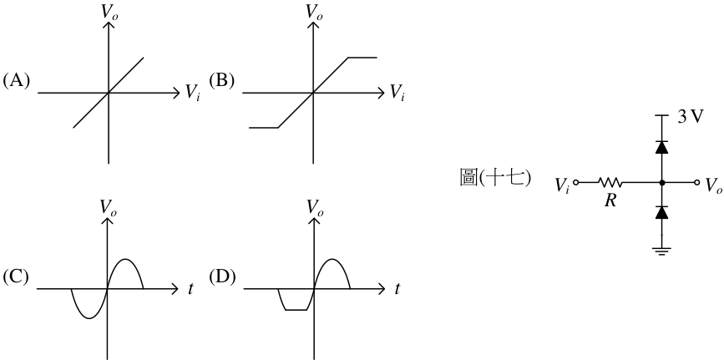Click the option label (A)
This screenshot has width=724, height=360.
[16, 81]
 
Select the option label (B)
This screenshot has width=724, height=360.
[221, 81]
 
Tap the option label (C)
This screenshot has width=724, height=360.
[16, 276]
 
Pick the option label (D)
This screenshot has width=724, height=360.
[222, 276]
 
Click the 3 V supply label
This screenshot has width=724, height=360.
[691, 117]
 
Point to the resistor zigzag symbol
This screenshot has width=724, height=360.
[610, 183]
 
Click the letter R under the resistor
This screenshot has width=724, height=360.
[610, 200]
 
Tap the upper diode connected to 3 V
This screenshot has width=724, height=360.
[662, 147]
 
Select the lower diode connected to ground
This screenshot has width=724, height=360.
[662, 212]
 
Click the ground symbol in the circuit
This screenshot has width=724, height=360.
[662, 251]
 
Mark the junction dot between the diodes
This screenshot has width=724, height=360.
[662, 183]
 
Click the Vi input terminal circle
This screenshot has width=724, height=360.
[576, 183]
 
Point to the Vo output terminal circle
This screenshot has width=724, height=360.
[696, 183]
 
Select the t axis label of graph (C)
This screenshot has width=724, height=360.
[190, 289]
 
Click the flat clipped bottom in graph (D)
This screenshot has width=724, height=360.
[296, 310]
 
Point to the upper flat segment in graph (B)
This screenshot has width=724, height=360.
[362, 58]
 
